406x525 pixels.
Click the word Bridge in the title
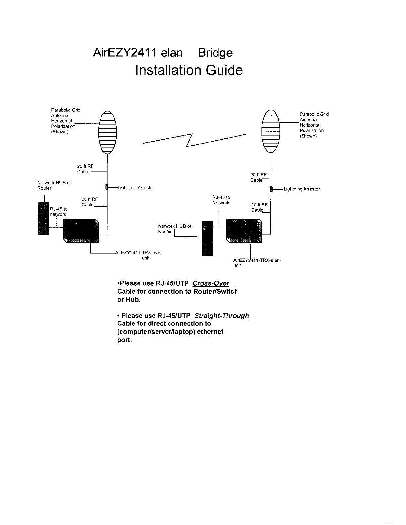click(x=215, y=53)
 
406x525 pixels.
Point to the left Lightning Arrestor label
click(x=136, y=188)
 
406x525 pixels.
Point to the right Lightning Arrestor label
click(x=302, y=189)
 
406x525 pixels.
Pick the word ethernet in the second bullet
click(x=210, y=332)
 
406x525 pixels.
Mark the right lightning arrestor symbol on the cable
click(x=271, y=189)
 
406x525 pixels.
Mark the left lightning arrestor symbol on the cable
click(x=107, y=187)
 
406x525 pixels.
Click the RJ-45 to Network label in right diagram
click(x=221, y=200)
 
